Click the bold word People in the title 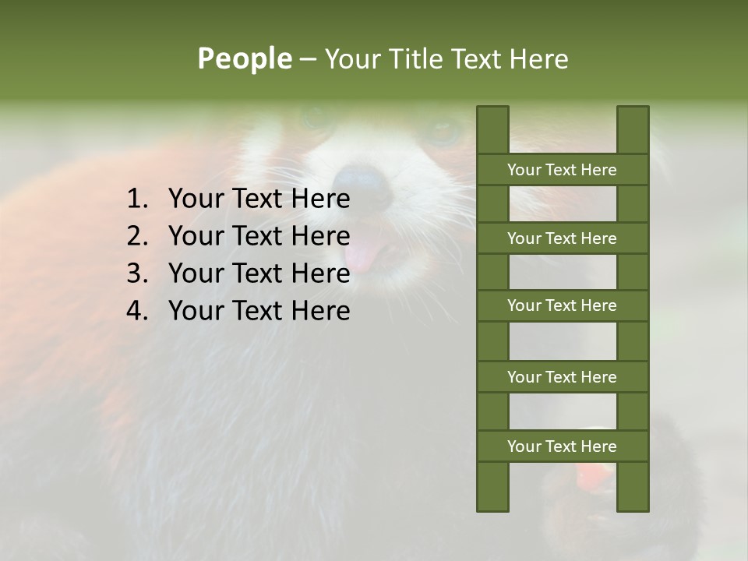(244, 58)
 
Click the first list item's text (259, 199)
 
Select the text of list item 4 (259, 311)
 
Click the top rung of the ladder (562, 170)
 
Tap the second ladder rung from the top (562, 238)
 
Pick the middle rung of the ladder (562, 305)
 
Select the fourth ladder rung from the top (562, 377)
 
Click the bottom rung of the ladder (562, 446)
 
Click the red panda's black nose (364, 185)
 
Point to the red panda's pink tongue (360, 254)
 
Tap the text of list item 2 (259, 236)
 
